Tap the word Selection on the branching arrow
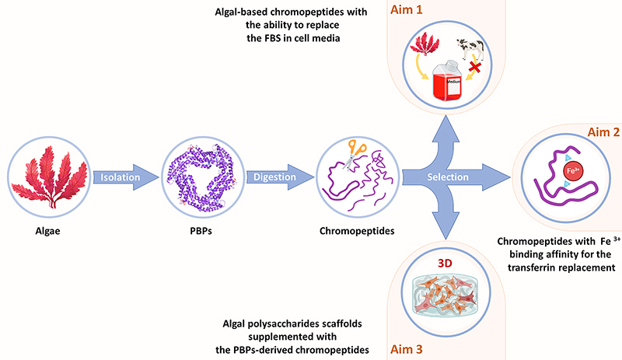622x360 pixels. pos(448,177)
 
